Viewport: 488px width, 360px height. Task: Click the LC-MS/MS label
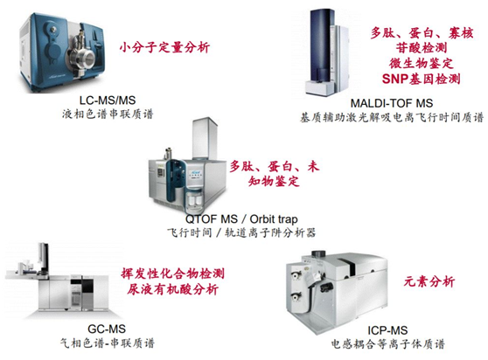click(108, 100)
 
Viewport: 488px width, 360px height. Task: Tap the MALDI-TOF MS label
click(392, 103)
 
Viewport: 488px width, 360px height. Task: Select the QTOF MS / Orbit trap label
click(241, 219)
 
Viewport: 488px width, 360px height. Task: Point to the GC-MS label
click(107, 329)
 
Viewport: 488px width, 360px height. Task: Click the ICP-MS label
click(387, 330)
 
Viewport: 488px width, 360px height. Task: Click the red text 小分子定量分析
click(164, 47)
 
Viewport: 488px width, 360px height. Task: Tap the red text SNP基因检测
click(421, 79)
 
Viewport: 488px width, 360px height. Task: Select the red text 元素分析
click(429, 281)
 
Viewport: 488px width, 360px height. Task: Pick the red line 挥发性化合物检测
click(173, 273)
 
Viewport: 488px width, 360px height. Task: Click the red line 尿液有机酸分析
click(173, 289)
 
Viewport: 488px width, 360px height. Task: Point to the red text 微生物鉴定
click(421, 63)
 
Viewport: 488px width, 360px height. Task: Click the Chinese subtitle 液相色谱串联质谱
click(108, 114)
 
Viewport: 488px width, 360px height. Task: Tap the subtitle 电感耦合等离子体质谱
click(387, 343)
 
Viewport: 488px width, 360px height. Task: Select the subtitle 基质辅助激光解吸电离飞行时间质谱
click(392, 117)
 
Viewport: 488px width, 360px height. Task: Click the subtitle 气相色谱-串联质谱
click(107, 343)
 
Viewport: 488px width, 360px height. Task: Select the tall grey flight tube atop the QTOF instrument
click(205, 139)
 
